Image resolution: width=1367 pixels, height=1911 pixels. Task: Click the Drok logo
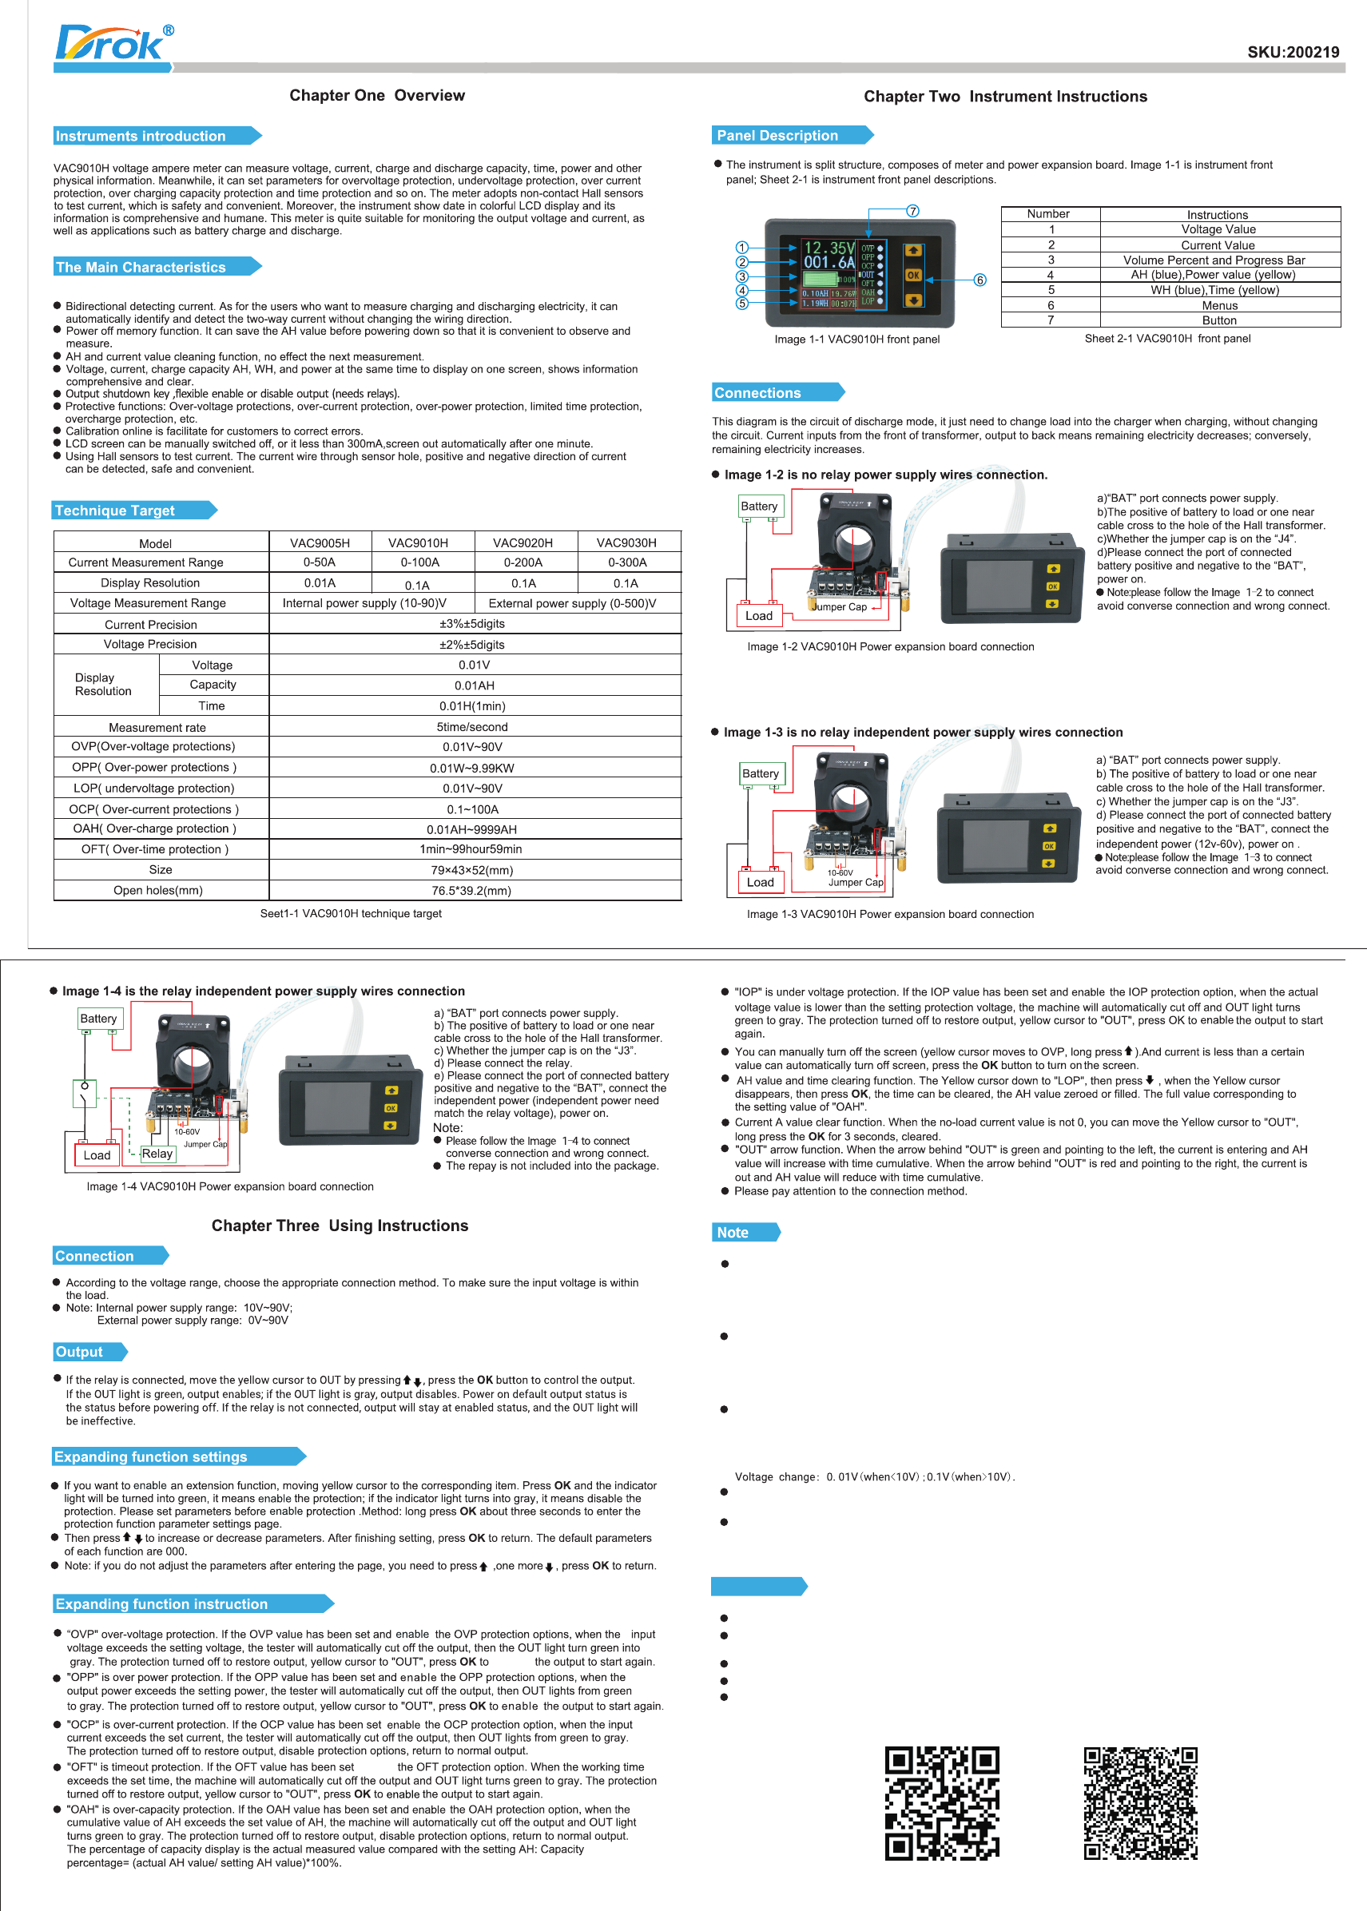pyautogui.click(x=113, y=44)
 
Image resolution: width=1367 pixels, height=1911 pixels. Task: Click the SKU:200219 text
pyautogui.click(x=1293, y=52)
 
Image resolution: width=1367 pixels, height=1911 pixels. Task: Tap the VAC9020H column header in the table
pyautogui.click(x=523, y=543)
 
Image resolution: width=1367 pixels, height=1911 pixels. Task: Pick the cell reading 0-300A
pyautogui.click(x=627, y=563)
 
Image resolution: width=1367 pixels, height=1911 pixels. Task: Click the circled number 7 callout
pyautogui.click(x=912, y=211)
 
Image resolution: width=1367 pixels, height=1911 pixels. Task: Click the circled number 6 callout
pyautogui.click(x=980, y=280)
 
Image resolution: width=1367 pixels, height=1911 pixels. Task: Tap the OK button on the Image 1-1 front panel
pyautogui.click(x=913, y=275)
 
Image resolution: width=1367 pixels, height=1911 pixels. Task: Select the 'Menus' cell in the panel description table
pyautogui.click(x=1219, y=305)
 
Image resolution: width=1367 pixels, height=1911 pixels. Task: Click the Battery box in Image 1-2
pyautogui.click(x=759, y=507)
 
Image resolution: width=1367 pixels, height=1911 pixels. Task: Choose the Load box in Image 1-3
pyautogui.click(x=760, y=882)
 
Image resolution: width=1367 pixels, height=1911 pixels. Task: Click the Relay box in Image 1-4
pyautogui.click(x=157, y=1154)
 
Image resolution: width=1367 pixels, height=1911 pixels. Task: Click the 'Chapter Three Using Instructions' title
pyautogui.click(x=340, y=1226)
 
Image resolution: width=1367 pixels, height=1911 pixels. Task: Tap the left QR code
pyautogui.click(x=941, y=1802)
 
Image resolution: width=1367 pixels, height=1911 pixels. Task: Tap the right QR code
pyautogui.click(x=1141, y=1802)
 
